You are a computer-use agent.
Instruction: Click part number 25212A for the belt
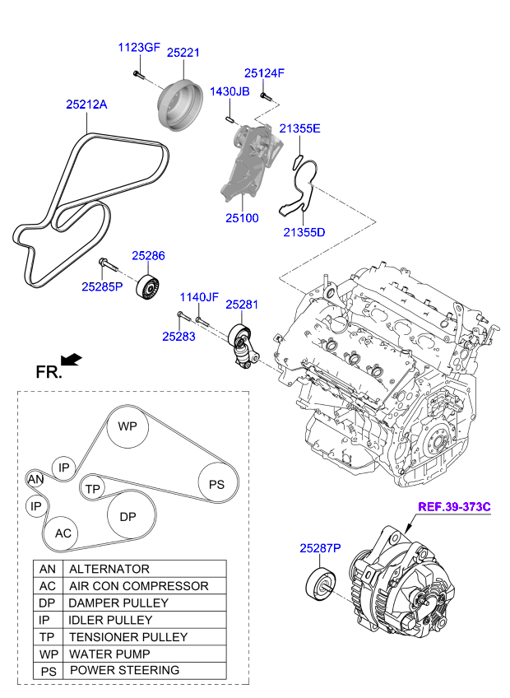[86, 105]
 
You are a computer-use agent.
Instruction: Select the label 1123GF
[139, 48]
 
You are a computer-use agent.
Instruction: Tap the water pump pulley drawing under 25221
[180, 105]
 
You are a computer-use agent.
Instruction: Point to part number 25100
[242, 218]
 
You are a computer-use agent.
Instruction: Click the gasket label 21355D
[304, 232]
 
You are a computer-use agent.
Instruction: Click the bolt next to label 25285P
[108, 264]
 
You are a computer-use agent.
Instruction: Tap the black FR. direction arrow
[72, 360]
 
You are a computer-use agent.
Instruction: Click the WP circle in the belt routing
[128, 426]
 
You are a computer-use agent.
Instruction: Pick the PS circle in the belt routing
[216, 484]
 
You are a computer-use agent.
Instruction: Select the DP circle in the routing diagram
[128, 516]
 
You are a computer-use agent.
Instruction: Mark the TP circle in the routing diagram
[93, 489]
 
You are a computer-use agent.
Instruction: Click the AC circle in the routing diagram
[63, 533]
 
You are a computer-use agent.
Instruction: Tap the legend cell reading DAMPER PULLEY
[145, 603]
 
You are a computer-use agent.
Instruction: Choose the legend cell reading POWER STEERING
[145, 670]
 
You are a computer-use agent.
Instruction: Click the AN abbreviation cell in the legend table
[48, 569]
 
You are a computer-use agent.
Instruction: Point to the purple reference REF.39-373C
[454, 507]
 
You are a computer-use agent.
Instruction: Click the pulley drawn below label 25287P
[321, 584]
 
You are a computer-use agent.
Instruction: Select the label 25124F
[264, 73]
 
